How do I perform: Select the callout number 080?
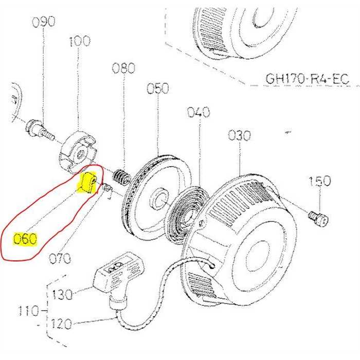(x=123, y=68)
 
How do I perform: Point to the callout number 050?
(x=158, y=88)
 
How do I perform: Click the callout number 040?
(x=199, y=112)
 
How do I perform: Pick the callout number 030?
(x=240, y=136)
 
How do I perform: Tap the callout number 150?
(x=320, y=181)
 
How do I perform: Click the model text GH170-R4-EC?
(x=307, y=79)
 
